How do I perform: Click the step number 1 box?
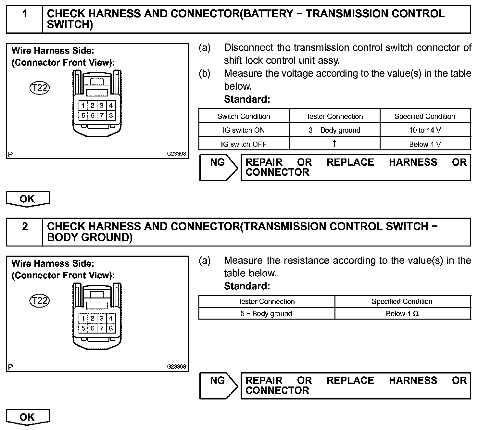(25, 19)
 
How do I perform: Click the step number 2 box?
(25, 232)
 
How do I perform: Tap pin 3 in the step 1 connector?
(102, 106)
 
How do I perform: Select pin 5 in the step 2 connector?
(83, 328)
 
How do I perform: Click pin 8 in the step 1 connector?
(111, 115)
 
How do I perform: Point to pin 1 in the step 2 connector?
(83, 319)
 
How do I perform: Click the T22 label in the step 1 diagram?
(39, 88)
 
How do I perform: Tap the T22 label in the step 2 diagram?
(39, 301)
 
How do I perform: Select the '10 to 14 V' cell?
(425, 130)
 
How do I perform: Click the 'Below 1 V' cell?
(425, 144)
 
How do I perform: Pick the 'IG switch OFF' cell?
(244, 144)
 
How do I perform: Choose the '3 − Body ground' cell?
(334, 130)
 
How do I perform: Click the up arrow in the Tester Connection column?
(334, 144)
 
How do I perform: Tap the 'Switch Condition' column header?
(244, 116)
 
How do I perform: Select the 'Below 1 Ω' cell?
(402, 314)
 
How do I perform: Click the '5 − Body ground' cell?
(266, 314)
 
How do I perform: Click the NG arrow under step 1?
(218, 167)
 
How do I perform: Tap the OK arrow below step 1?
(28, 199)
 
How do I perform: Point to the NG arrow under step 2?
(218, 386)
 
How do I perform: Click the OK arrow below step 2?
(28, 417)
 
